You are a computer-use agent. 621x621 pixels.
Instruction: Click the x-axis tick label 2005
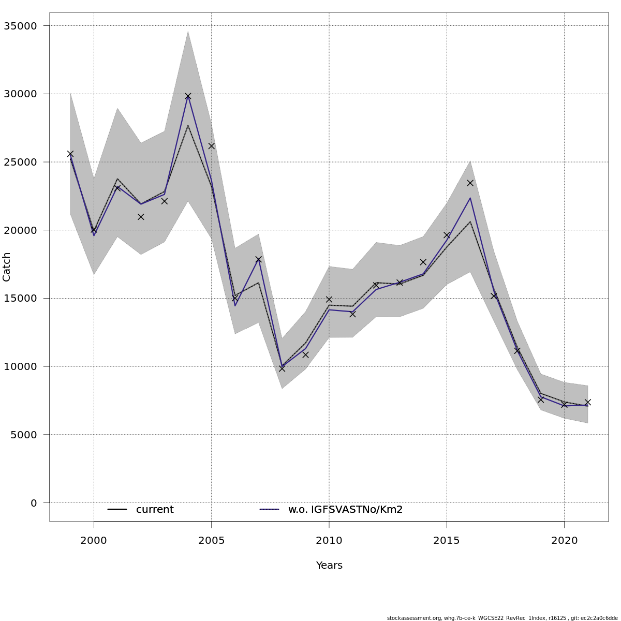pos(211,541)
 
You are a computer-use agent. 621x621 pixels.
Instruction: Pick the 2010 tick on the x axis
pos(329,541)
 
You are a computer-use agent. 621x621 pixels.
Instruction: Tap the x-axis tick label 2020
pos(564,541)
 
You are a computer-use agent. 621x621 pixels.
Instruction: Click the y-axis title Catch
pos(7,267)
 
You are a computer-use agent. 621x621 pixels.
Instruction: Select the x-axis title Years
pos(329,566)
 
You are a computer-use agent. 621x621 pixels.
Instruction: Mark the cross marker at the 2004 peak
pos(188,96)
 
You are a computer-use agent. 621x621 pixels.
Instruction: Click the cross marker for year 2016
pos(470,183)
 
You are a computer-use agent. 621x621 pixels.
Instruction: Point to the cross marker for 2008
pos(282,368)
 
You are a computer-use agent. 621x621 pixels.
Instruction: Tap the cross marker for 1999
pos(70,154)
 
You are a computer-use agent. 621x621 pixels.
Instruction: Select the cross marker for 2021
pos(587,402)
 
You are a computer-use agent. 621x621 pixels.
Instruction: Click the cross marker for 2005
pos(211,146)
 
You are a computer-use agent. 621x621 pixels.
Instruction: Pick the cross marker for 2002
pos(141,217)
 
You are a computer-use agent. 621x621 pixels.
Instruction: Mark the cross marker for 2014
pos(423,262)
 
